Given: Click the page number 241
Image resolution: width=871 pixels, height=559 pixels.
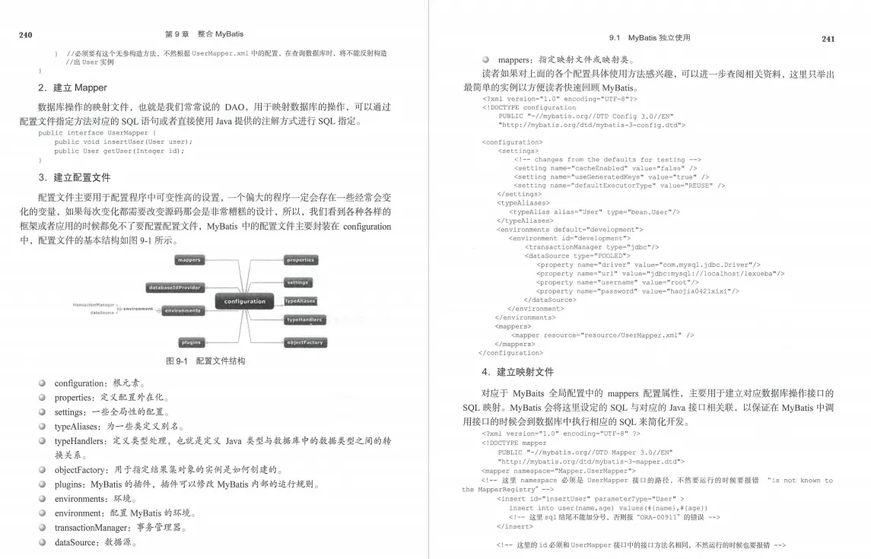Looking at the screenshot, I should [x=828, y=39].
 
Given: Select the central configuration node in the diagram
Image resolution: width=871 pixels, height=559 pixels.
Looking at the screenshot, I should [x=245, y=301].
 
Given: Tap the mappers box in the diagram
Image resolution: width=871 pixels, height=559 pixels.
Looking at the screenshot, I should [x=189, y=260].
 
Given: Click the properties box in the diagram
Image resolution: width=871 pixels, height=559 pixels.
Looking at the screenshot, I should [x=300, y=260].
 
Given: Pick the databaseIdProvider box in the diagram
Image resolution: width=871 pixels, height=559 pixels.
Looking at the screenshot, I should [x=174, y=287].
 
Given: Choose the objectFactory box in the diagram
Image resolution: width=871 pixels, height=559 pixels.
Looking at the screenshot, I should [x=305, y=343].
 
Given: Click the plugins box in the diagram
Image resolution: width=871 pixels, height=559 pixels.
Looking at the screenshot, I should [x=192, y=343].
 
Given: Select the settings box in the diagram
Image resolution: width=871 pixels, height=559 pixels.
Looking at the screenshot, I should [x=297, y=283].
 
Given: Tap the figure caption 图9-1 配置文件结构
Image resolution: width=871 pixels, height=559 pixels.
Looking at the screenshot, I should [x=205, y=361].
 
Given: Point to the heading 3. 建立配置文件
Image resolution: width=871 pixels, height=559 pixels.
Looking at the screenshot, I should [x=74, y=177].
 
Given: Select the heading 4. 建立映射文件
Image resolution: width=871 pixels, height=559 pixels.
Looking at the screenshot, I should [x=517, y=372].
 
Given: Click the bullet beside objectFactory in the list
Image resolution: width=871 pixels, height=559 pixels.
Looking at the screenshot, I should [x=43, y=469].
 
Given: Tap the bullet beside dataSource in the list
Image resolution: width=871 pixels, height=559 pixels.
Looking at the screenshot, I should [x=43, y=542].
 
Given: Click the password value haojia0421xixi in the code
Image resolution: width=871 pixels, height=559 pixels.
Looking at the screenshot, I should [x=710, y=291].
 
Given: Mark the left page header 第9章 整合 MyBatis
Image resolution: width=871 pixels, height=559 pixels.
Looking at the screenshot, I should [x=204, y=34].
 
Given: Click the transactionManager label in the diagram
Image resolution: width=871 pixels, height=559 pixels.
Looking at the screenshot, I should [x=93, y=304].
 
